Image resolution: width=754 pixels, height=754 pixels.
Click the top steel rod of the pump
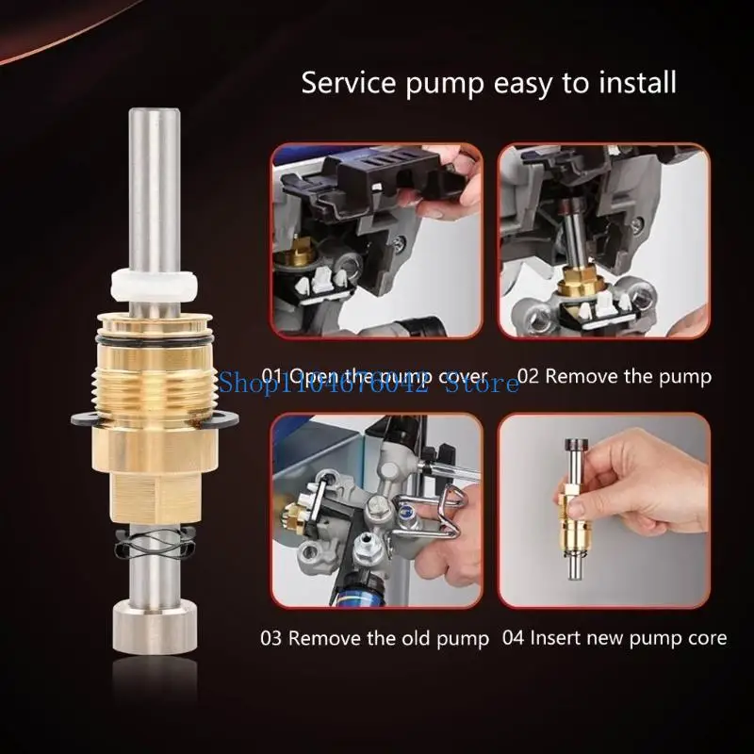pyautogui.click(x=153, y=188)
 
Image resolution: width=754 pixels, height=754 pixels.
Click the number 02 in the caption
pyautogui.click(x=528, y=376)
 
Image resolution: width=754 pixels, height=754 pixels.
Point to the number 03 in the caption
pyautogui.click(x=272, y=638)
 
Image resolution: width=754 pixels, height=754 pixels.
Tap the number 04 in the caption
pyautogui.click(x=513, y=638)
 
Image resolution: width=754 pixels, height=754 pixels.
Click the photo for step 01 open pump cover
pyautogui.click(x=376, y=242)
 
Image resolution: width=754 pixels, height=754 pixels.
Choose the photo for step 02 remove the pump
pyautogui.click(x=603, y=242)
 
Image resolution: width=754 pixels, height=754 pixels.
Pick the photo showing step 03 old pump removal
pyautogui.click(x=376, y=509)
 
